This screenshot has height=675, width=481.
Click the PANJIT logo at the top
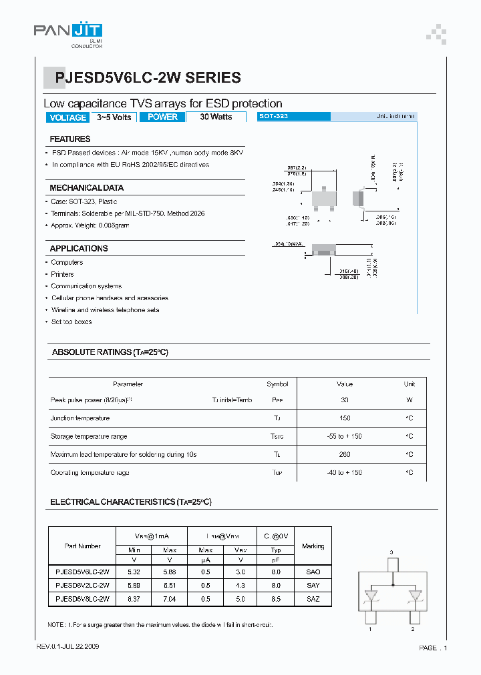click(68, 31)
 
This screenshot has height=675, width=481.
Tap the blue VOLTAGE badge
click(68, 117)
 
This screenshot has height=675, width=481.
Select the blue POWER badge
click(162, 117)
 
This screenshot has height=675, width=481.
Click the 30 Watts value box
click(216, 117)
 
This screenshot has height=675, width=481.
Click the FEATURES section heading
click(70, 139)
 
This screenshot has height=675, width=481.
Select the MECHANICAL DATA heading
click(86, 188)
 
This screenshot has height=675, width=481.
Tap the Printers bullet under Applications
click(63, 274)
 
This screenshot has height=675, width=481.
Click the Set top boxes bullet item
click(71, 321)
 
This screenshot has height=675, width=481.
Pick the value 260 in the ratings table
click(345, 455)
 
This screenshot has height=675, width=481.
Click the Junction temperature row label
click(80, 418)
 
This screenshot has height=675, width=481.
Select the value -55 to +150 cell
click(345, 436)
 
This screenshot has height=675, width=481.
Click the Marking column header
click(313, 546)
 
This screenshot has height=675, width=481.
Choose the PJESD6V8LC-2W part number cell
click(82, 599)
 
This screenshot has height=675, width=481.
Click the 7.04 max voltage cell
click(169, 599)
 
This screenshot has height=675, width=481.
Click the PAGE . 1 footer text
click(433, 648)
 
